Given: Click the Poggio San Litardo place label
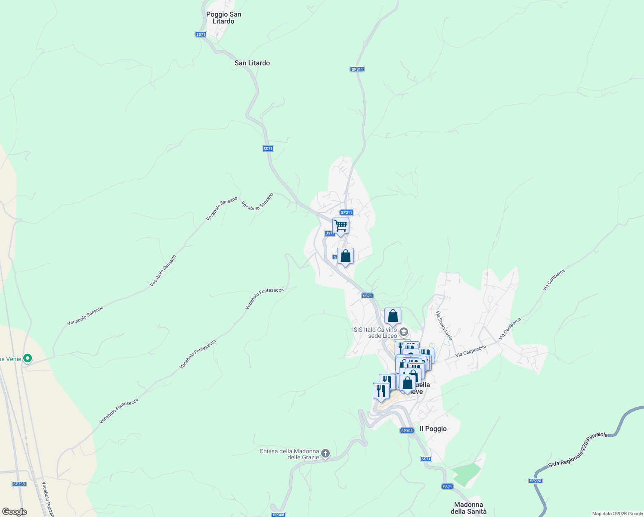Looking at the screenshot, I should coord(223,18).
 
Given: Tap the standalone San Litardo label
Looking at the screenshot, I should coord(252,63).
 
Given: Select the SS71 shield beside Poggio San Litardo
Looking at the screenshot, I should coord(201,34).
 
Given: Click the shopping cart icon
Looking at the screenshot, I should coord(341,226).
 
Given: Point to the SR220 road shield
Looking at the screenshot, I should coord(535,481).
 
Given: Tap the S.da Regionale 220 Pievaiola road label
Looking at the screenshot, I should coord(578,450).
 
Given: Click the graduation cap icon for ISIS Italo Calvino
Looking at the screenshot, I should coord(403,332).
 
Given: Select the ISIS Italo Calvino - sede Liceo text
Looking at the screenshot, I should coord(375,333).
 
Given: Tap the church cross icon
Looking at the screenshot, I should coord(325,453).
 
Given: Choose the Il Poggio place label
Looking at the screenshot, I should coord(433,429).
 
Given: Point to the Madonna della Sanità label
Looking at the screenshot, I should coord(468,508).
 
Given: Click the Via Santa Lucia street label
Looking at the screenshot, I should coord(444,325).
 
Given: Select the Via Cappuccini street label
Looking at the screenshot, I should coord(471,351).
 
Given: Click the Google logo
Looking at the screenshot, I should coord(14,512).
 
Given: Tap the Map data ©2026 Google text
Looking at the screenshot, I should coord(617,514).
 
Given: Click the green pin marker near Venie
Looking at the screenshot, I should coord(28,358).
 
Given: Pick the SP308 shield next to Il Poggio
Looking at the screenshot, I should coord(407,431).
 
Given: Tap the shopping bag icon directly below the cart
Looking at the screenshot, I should coord(345,256).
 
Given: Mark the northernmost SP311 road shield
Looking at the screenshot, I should coord(357,69).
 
